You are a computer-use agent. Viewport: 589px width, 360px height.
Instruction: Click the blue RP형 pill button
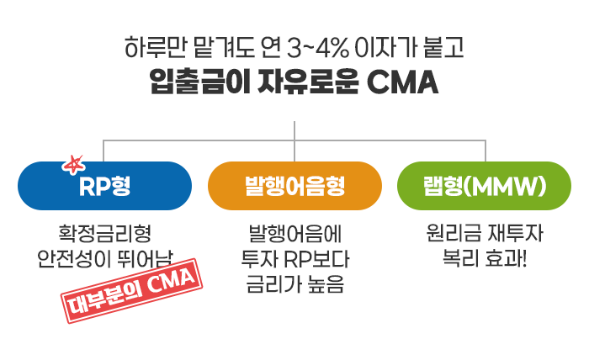pos(105,186)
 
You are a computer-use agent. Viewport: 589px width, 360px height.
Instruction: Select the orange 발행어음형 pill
pos(294,186)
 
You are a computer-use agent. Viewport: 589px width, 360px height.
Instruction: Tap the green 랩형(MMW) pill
pos(484,186)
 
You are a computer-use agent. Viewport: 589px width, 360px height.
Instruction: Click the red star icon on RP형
pos(74,165)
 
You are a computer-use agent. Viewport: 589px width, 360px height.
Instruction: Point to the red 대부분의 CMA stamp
pos(131,290)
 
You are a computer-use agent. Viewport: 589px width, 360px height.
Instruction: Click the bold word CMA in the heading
pos(402,82)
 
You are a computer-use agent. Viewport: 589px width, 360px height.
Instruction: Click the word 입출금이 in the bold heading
pos(200,82)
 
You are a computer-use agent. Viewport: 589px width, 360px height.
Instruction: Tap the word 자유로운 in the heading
pos(308,82)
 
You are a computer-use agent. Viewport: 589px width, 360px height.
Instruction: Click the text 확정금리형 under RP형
pos(105,233)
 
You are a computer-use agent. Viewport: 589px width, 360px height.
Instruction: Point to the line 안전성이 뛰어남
pos(105,258)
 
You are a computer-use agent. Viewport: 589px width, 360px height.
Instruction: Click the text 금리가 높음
pos(295,284)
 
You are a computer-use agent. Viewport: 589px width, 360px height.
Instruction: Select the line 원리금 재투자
pos(485,233)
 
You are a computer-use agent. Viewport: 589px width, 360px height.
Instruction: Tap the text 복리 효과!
pos(485,258)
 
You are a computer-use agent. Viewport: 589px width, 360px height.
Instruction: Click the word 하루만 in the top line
pos(156,48)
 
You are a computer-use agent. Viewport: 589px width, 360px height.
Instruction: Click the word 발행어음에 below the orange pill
pos(295,233)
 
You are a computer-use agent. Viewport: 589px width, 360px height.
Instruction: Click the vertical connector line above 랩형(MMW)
pos(486,151)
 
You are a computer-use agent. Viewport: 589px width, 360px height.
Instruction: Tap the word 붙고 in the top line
pos(443,48)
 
